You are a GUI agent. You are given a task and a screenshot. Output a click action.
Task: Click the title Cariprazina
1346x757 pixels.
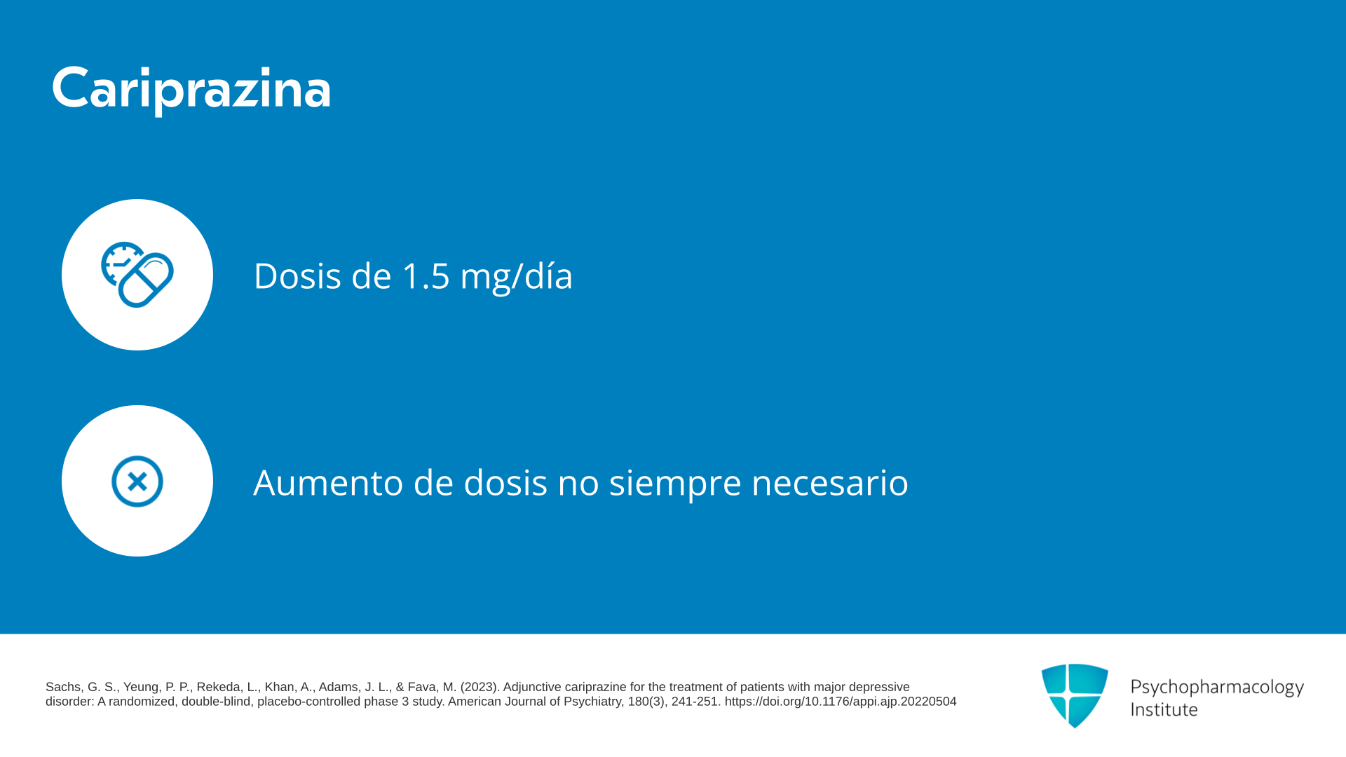(191, 89)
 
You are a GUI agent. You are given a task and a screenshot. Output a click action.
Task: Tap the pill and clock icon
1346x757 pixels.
(137, 275)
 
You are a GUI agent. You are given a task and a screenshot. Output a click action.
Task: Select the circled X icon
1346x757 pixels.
(137, 482)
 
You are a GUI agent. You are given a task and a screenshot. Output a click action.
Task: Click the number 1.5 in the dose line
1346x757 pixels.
(426, 275)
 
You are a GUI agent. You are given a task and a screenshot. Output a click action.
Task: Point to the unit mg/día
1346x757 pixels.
(516, 276)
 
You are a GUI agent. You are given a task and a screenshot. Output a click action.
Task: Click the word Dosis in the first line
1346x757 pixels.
(298, 275)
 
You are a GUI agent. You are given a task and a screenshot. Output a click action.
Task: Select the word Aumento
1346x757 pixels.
(328, 483)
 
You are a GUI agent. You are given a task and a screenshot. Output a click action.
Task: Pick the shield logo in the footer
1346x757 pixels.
(1075, 695)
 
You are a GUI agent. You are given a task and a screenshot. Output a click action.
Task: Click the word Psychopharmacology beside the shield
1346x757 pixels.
(1217, 688)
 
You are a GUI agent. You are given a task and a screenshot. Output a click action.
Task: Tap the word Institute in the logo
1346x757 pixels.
(1164, 710)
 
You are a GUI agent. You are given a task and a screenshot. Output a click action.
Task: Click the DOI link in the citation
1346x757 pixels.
(841, 702)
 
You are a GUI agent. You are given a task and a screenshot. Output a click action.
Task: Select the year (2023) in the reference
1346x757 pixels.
(480, 687)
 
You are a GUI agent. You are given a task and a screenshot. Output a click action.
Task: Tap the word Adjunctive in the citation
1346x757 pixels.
(532, 687)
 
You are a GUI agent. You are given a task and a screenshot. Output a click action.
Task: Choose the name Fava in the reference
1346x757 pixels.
(423, 687)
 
